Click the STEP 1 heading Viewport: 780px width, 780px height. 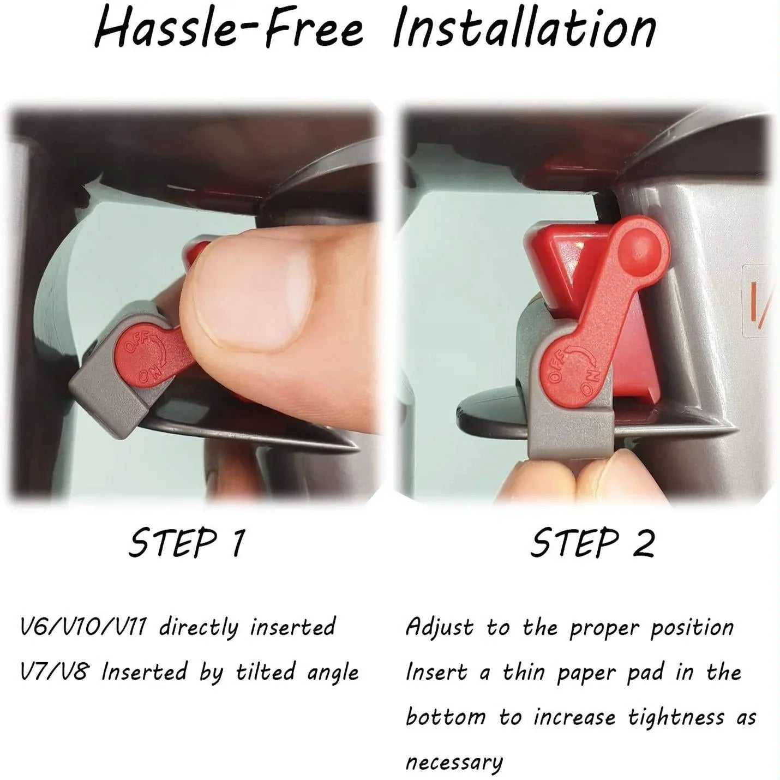tap(187, 543)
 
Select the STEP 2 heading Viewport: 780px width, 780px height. tap(592, 543)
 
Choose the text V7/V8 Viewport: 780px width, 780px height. tap(53, 672)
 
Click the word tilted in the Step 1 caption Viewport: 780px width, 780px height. tap(265, 672)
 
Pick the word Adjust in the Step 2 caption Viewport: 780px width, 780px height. tap(440, 627)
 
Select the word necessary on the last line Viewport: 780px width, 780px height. tap(454, 762)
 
